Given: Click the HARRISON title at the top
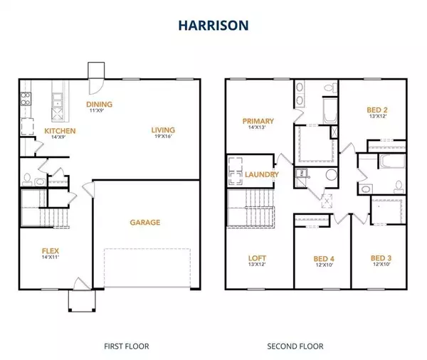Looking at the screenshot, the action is tap(213, 26).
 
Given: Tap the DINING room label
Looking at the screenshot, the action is tap(99, 105).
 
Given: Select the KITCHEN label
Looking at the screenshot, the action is tap(60, 131).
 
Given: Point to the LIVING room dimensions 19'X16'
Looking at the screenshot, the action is tap(163, 136).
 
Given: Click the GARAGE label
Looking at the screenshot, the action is tap(145, 223).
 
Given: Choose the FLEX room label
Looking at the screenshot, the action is tap(51, 251).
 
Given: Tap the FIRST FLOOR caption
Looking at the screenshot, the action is tap(127, 346).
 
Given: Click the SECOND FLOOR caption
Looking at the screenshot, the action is tap(295, 346).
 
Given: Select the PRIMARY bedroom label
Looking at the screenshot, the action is tap(258, 121).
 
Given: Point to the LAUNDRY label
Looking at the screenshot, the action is tap(262, 174).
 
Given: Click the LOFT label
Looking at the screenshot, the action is tap(257, 258).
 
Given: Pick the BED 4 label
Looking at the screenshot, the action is tap(324, 259).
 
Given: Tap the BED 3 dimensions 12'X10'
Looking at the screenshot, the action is tap(381, 264).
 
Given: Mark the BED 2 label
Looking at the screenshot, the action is tap(377, 110).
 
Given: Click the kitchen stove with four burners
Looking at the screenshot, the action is tap(26, 99).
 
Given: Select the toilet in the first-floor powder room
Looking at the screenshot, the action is tap(27, 179).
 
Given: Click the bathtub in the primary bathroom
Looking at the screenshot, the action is tap(330, 111).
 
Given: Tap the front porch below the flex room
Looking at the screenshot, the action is tap(82, 300).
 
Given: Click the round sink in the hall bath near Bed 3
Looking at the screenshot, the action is tap(366, 189).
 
